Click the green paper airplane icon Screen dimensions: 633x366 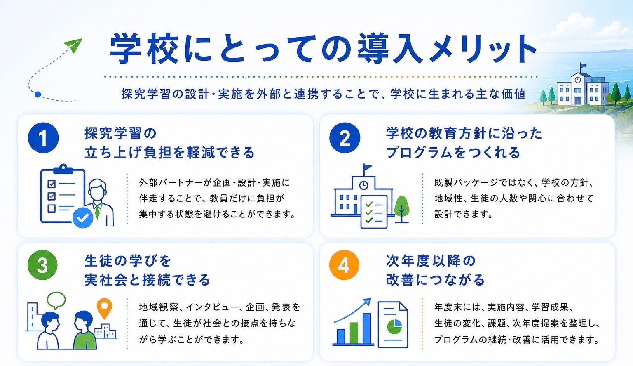pyautogui.click(x=73, y=45)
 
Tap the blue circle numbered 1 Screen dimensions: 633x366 pyautogui.click(x=43, y=138)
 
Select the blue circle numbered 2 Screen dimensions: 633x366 pyautogui.click(x=345, y=138)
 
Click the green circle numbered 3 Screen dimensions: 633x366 pyautogui.click(x=43, y=265)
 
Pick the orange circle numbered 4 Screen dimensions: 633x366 pyautogui.click(x=344, y=265)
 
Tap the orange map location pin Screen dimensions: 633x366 pyautogui.click(x=104, y=309)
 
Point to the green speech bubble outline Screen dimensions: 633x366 pyautogui.click(x=56, y=300)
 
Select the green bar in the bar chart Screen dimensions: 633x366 pyautogui.click(x=354, y=333)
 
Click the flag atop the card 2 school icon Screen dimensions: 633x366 pyautogui.click(x=367, y=167)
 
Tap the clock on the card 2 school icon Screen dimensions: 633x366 pyautogui.click(x=363, y=185)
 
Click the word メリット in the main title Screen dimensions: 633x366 pyautogui.click(x=483, y=49)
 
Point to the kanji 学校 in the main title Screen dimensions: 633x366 pyautogui.click(x=144, y=49)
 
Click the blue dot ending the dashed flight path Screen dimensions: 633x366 pyautogui.click(x=38, y=94)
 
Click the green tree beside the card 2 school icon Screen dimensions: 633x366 pyautogui.click(x=401, y=209)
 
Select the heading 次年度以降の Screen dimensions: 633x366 pyautogui.click(x=431, y=260)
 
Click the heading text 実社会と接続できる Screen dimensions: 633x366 pyautogui.click(x=147, y=280)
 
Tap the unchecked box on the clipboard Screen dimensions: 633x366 pyautogui.click(x=52, y=208)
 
